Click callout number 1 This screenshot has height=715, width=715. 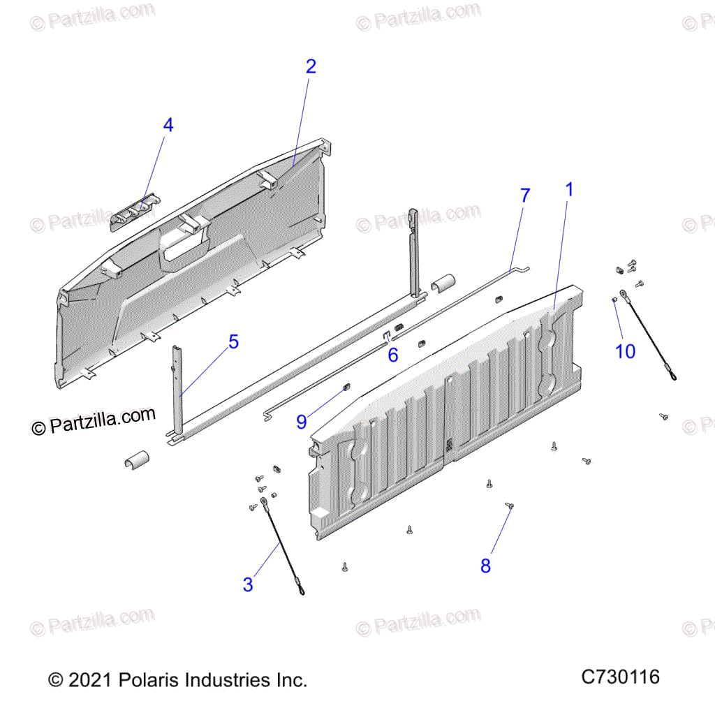click(x=568, y=189)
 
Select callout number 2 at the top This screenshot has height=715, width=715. click(x=311, y=66)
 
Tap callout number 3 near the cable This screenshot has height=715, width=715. click(x=248, y=584)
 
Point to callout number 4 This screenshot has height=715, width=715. click(x=168, y=125)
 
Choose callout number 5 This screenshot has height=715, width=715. click(x=233, y=341)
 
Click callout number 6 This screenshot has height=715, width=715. click(x=393, y=355)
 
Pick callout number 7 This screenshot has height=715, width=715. click(x=525, y=196)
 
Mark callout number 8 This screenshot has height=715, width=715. click(x=486, y=566)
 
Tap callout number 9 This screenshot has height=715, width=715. click(x=302, y=422)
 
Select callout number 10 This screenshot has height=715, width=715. click(x=625, y=352)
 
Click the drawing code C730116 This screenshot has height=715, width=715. click(x=620, y=677)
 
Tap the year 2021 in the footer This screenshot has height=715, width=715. click(x=90, y=680)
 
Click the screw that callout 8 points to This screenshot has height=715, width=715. click(x=510, y=506)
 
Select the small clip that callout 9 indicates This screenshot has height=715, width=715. click(x=346, y=388)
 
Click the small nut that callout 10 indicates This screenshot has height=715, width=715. click(x=614, y=300)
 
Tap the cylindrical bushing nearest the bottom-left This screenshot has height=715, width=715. click(x=137, y=460)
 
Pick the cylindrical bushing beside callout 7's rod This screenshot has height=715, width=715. click(x=443, y=283)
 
